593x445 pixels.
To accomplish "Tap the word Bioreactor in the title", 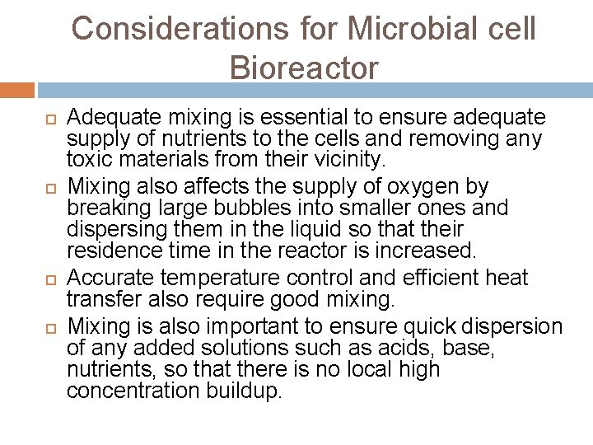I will [304, 68].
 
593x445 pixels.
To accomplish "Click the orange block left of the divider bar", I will [16, 89].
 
